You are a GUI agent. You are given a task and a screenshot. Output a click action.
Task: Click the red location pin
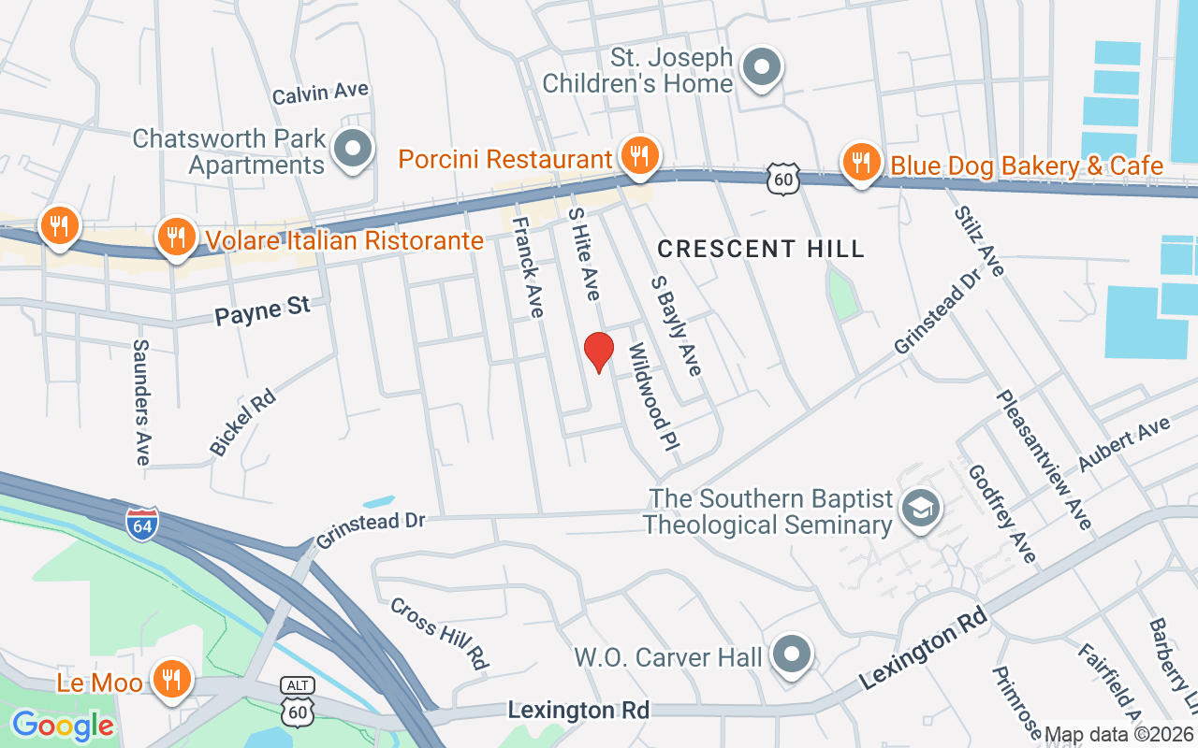pyautogui.click(x=598, y=352)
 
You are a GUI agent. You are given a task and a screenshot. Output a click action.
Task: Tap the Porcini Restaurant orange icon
pyautogui.click(x=639, y=156)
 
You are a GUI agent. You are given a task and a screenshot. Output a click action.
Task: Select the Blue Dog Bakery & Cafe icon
pyautogui.click(x=860, y=163)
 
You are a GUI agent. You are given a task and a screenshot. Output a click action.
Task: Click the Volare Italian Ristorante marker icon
pyautogui.click(x=175, y=237)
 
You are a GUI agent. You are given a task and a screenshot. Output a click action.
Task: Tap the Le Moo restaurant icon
pyautogui.click(x=169, y=678)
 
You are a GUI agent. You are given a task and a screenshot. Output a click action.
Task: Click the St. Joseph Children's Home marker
pyautogui.click(x=762, y=67)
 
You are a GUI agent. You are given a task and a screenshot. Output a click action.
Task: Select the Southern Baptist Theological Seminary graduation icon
pyautogui.click(x=921, y=509)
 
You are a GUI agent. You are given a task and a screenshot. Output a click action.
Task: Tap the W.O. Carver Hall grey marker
pyautogui.click(x=793, y=654)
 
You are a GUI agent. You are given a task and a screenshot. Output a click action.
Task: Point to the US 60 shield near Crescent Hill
pyautogui.click(x=782, y=179)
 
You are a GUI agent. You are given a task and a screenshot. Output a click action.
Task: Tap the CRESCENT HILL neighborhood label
pyautogui.click(x=761, y=249)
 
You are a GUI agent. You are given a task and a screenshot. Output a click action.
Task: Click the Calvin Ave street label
pyautogui.click(x=320, y=93)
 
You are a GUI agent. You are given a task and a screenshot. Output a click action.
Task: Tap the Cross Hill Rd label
pyautogui.click(x=440, y=633)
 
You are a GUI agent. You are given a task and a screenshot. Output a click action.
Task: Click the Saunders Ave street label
pyautogui.click(x=141, y=401)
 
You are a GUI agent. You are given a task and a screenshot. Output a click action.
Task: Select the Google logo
pyautogui.click(x=63, y=726)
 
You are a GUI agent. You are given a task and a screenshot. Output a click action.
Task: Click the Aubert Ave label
pyautogui.click(x=1124, y=445)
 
